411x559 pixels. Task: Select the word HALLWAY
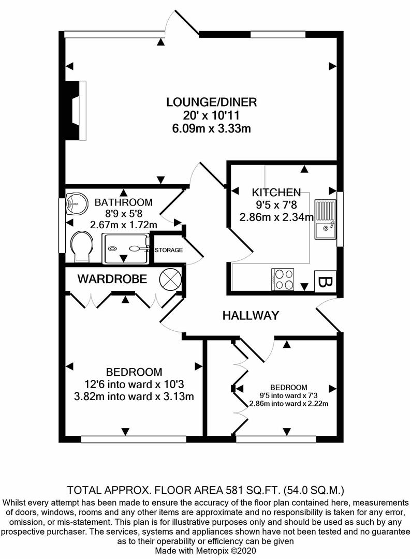tap(251, 315)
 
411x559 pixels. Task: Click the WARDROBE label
tap(112, 279)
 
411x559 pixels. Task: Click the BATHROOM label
tap(124, 202)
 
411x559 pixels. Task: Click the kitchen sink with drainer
tap(325, 220)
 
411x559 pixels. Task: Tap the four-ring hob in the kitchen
tap(283, 279)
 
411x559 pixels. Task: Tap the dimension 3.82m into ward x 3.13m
tap(134, 397)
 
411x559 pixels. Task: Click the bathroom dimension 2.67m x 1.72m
tap(123, 225)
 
